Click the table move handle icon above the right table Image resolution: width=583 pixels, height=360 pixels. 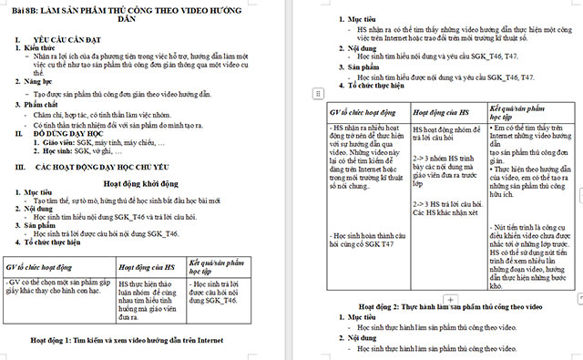pyautogui.click(x=317, y=94)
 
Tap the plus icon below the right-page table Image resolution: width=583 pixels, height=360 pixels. pyautogui.click(x=449, y=298)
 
